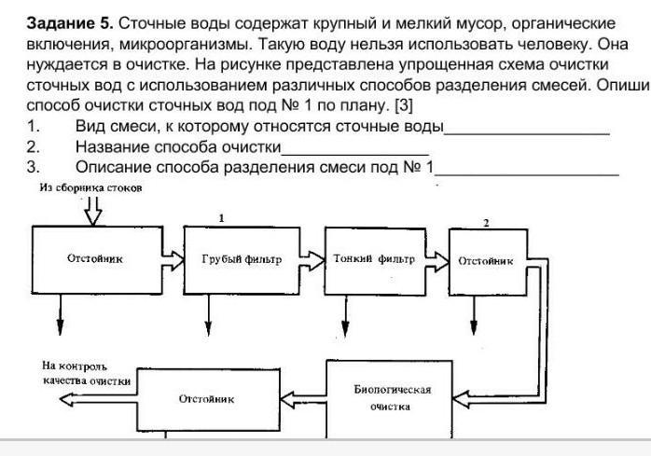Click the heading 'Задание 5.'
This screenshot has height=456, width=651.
tap(69, 21)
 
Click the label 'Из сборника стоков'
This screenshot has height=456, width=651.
tap(90, 187)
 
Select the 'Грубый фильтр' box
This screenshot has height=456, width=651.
tap(241, 259)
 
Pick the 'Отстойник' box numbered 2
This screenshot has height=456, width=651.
tap(485, 261)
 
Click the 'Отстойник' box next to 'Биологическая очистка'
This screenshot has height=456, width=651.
tap(206, 399)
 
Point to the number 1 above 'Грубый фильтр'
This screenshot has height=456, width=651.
tap(221, 217)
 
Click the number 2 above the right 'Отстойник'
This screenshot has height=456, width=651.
tap(485, 224)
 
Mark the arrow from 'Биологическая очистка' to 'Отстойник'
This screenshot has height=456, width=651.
tap(305, 399)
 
